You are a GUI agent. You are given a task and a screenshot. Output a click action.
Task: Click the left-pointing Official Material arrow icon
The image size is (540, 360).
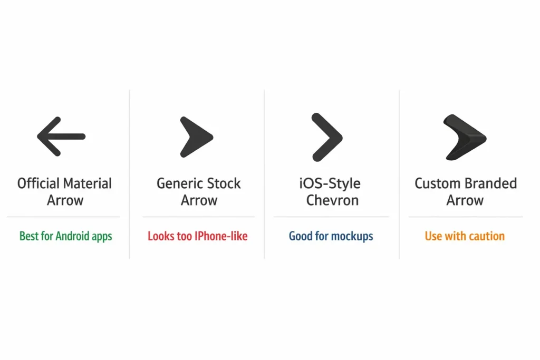click(61, 137)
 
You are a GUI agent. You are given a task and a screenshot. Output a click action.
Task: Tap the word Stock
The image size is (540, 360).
click(222, 183)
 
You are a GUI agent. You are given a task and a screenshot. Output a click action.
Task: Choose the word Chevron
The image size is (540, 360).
click(333, 200)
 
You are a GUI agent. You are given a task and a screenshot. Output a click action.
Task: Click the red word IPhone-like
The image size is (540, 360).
click(221, 236)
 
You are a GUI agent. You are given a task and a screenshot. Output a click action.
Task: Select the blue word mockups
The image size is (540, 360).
click(352, 236)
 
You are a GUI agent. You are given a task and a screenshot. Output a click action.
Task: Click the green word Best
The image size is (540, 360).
click(28, 236)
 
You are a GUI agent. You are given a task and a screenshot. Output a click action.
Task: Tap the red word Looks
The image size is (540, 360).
click(160, 236)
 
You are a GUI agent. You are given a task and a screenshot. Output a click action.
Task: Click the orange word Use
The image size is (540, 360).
click(433, 236)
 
